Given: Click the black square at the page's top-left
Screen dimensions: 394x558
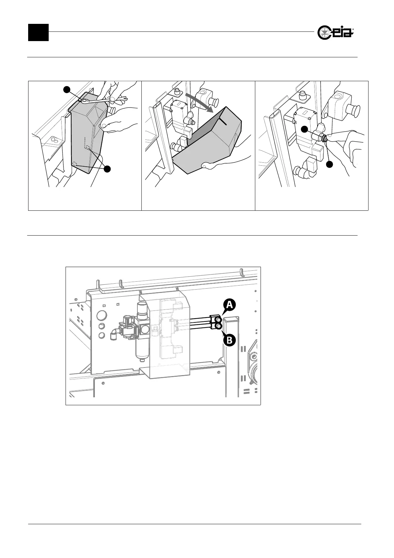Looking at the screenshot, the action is pyautogui.click(x=38, y=32).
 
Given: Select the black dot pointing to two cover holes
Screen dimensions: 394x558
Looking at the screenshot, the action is pyautogui.click(x=107, y=168).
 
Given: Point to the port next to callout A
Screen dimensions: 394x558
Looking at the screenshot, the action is pyautogui.click(x=219, y=319).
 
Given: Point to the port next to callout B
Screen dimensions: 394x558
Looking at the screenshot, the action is pyautogui.click(x=219, y=327).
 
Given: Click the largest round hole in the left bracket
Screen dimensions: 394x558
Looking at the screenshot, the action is pyautogui.click(x=103, y=314).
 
